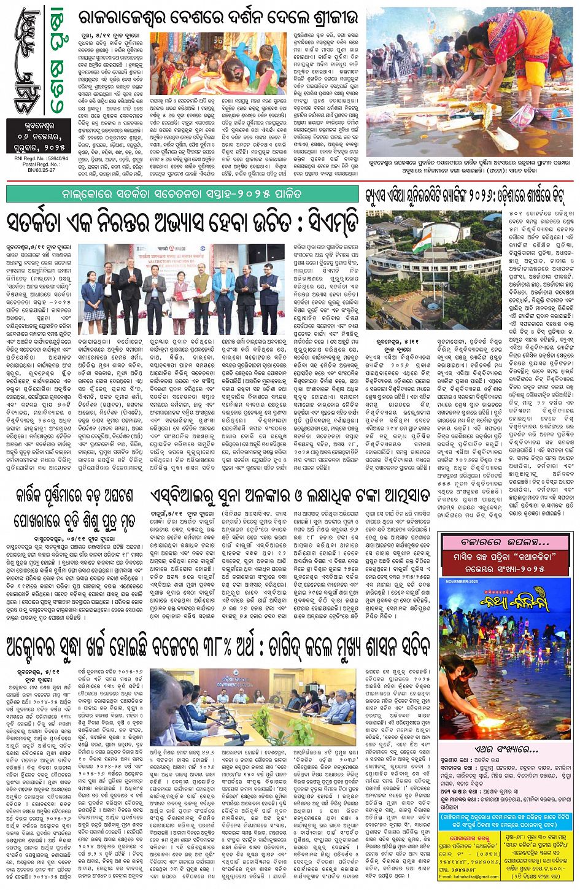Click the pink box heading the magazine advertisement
tap(507, 543)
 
